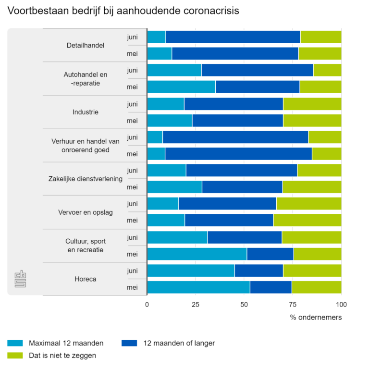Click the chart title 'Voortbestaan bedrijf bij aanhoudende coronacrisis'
123,10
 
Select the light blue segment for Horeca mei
198,287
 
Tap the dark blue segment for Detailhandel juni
233,37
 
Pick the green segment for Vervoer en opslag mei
307,220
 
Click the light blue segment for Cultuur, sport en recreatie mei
197,254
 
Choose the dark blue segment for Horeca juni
258,271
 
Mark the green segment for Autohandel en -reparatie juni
327,70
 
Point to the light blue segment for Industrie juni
165,103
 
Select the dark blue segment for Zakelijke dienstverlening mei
242,187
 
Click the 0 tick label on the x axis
147,304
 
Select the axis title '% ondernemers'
316,318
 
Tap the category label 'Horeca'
86,279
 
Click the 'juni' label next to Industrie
133,103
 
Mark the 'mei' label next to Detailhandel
132,54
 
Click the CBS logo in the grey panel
20,279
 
